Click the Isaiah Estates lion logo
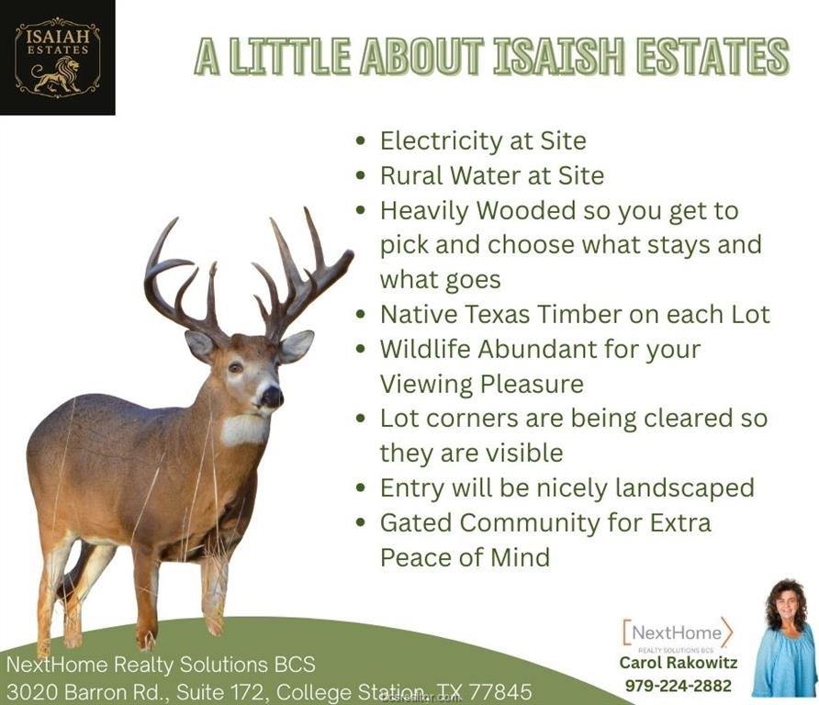click(57, 57)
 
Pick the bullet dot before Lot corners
click(362, 419)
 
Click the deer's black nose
click(271, 397)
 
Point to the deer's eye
click(235, 367)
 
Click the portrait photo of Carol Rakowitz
click(782, 639)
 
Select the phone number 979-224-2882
click(679, 686)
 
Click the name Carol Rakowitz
click(678, 663)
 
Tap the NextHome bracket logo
click(678, 632)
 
